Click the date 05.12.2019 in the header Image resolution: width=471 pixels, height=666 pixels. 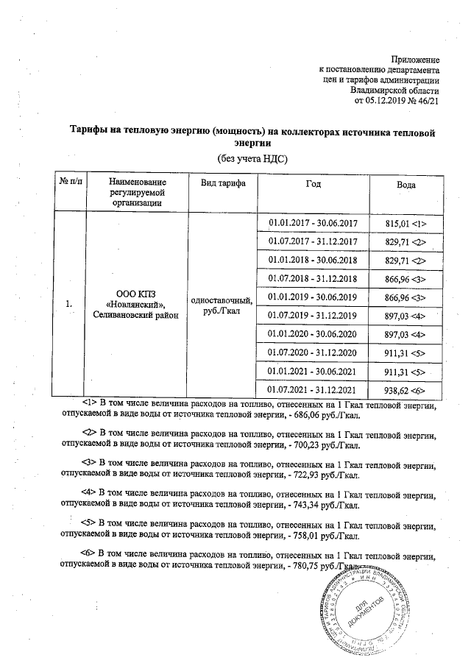pyautogui.click(x=389, y=101)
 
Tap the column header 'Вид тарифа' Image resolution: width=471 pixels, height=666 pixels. pyautogui.click(x=219, y=182)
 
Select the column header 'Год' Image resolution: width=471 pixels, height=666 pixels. pyautogui.click(x=313, y=182)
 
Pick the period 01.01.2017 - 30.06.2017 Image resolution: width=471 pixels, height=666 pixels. pyautogui.click(x=313, y=223)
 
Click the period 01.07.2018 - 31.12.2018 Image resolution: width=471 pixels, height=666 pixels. pyautogui.click(x=313, y=278)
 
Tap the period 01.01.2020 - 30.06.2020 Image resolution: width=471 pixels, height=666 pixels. pyautogui.click(x=313, y=333)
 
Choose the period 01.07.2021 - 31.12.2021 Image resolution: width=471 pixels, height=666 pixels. pyautogui.click(x=313, y=389)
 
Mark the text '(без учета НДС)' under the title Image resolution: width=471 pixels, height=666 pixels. pyautogui.click(x=251, y=158)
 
